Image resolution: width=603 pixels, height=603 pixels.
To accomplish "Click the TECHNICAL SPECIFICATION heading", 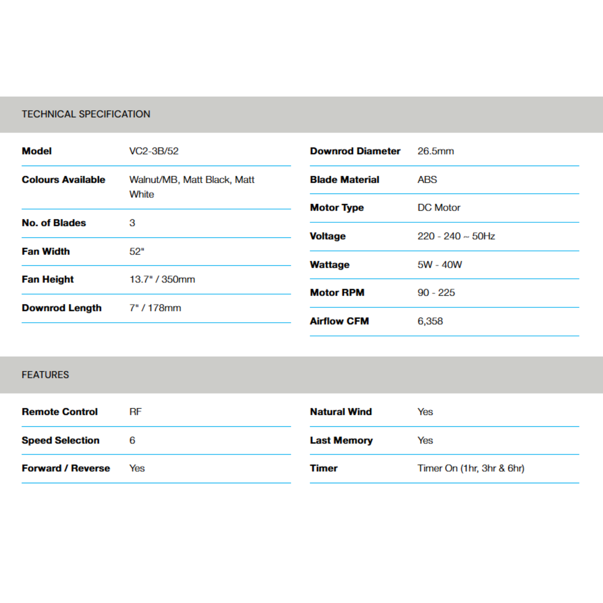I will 86,114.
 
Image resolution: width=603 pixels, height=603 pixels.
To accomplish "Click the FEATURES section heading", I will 45,375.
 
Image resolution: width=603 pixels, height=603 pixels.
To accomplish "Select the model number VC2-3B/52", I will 154,151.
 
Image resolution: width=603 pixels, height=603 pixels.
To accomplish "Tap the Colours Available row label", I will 63,180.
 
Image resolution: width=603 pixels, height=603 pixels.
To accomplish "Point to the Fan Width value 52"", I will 137,251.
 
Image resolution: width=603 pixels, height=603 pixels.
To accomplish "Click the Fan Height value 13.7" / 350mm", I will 162,279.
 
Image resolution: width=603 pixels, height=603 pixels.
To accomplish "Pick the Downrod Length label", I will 62,308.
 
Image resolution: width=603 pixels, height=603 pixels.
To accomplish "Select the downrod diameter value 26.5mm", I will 435,151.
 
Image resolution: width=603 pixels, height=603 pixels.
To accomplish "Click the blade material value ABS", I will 427,180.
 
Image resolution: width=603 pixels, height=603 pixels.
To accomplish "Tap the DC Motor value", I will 438,208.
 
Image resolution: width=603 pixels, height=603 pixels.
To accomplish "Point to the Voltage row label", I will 327,236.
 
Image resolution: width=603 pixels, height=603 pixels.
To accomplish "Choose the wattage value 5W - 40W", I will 440,265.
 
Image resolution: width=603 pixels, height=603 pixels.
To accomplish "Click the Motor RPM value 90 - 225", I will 436,293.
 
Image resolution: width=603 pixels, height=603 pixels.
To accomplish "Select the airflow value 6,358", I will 430,321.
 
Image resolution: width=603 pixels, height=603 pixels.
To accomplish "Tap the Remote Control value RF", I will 135,412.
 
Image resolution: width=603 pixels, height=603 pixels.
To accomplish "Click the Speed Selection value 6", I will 132,440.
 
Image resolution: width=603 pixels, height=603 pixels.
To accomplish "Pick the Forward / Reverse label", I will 66,468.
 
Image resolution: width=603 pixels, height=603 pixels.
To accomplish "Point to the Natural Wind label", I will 341,412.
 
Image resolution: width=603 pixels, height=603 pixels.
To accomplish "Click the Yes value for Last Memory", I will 425,440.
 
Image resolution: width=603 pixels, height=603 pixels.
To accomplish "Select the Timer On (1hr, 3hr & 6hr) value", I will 471,468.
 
